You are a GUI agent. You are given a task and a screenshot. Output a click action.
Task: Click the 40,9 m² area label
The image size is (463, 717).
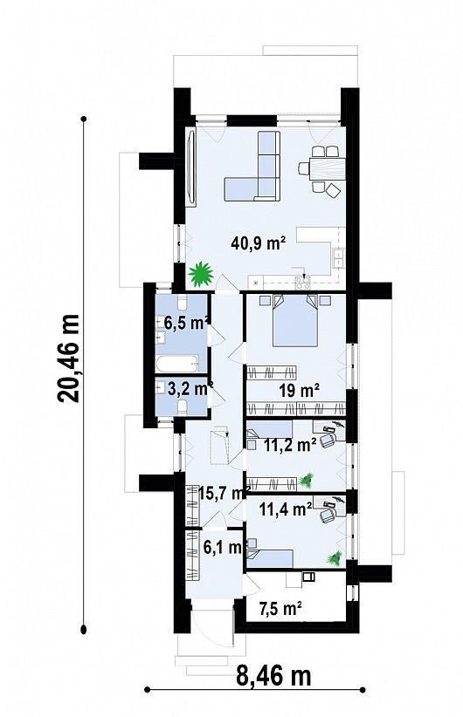click(259, 242)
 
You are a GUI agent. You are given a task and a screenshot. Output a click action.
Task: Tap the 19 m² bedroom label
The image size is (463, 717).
click(299, 390)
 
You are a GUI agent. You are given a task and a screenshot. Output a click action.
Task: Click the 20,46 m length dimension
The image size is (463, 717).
click(68, 358)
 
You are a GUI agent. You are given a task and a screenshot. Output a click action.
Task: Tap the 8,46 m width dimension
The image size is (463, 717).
click(273, 675)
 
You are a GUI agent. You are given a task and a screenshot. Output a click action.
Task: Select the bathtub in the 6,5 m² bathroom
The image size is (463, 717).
click(177, 364)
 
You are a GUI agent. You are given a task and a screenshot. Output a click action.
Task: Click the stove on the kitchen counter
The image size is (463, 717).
click(303, 283)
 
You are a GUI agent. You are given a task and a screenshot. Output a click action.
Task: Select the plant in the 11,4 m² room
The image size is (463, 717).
click(335, 558)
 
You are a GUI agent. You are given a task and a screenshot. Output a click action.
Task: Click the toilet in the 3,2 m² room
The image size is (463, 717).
click(182, 407)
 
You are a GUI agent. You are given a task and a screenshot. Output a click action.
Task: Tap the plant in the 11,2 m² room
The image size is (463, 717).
click(307, 480)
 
